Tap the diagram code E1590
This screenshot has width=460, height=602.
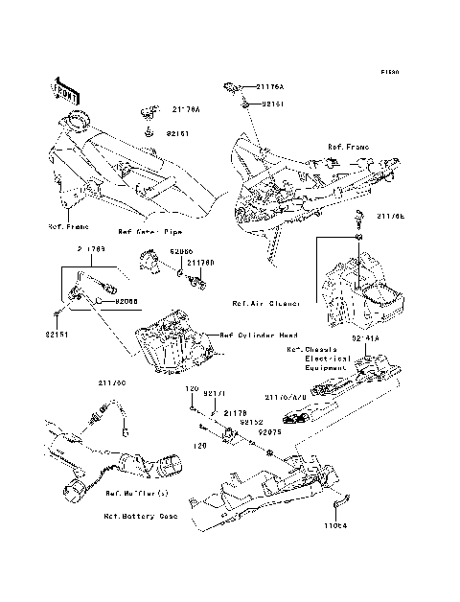point(388,72)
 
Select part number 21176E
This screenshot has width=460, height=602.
point(391,217)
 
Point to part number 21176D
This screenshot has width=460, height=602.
point(199,262)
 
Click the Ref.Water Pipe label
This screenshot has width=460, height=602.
point(149,231)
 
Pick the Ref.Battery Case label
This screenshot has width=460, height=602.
point(142,515)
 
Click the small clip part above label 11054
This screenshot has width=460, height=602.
point(339,500)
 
